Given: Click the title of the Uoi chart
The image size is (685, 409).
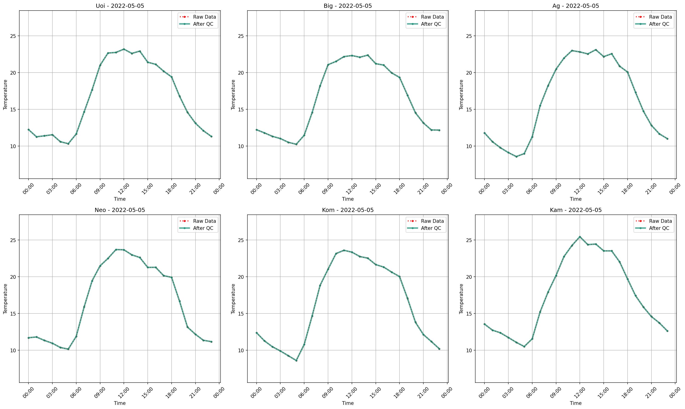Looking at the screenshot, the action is point(120,6).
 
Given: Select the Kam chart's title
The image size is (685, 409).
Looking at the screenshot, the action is point(576,210).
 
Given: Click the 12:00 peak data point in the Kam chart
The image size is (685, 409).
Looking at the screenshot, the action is point(580,237).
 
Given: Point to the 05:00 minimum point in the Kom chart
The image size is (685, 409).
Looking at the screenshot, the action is point(296,361).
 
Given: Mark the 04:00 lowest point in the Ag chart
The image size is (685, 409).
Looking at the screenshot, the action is point(516,157).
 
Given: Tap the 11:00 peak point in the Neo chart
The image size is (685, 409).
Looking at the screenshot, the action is point(116,250).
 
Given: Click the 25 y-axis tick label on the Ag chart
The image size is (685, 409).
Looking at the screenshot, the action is point(469,36).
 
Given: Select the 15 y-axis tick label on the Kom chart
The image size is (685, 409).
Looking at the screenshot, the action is point(241,314).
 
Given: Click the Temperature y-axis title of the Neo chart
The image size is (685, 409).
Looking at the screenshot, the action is point(5,299).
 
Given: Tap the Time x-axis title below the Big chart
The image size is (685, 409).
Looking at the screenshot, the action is point(348,199).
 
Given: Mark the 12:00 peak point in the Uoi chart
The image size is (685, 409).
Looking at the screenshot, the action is point(124,49).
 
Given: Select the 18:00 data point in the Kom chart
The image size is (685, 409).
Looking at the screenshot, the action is point(399,277).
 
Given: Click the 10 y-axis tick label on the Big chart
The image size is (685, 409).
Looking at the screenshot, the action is point(241,146).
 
